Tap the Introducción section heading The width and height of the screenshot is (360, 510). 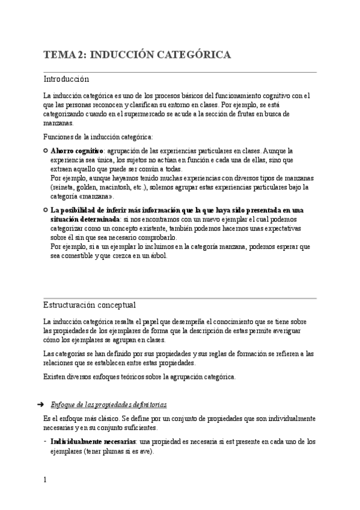pyautogui.click(x=66, y=79)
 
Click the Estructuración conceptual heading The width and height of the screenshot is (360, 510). pyautogui.click(x=89, y=304)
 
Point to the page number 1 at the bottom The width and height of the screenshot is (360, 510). pyautogui.click(x=45, y=479)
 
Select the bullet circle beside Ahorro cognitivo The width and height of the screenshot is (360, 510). pyautogui.click(x=46, y=150)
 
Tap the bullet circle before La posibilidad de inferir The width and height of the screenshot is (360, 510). pyautogui.click(x=46, y=210)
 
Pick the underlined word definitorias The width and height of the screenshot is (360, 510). pyautogui.click(x=148, y=404)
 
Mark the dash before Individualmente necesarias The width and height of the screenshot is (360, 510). pyautogui.click(x=46, y=441)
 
